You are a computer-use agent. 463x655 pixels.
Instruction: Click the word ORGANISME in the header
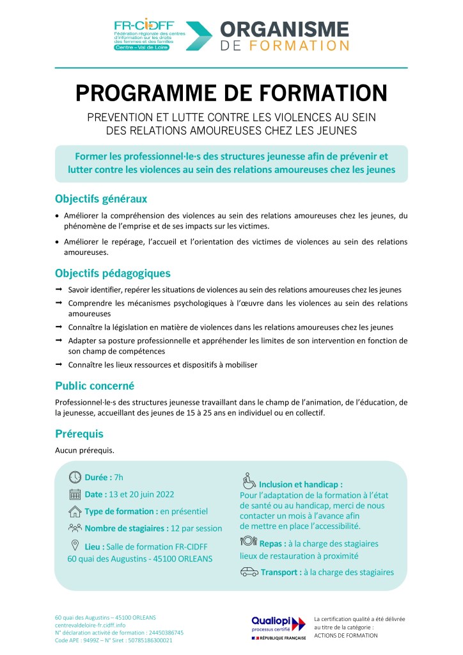pos(285,29)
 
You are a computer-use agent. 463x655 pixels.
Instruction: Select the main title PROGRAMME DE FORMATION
pos(231,93)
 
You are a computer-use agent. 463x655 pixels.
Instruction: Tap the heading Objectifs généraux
pos(101,198)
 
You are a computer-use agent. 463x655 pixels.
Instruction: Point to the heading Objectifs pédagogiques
pos(113,273)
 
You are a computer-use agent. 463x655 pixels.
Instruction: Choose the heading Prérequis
pos(79,433)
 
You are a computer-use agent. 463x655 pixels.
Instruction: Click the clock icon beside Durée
pos(75,477)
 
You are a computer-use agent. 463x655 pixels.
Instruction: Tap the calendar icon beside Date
pos(75,494)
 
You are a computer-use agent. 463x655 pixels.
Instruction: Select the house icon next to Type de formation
pos(75,512)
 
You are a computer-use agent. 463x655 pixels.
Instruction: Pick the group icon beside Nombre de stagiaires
pos(75,528)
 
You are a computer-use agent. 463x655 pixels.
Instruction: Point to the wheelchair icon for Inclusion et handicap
pos(249,481)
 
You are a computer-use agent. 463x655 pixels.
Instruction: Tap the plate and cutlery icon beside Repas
pos(248,542)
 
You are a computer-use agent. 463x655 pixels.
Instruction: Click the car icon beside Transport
pos(249,572)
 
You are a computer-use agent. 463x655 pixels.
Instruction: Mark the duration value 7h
pos(118,478)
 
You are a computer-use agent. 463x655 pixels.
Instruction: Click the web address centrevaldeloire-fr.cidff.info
pos(90,624)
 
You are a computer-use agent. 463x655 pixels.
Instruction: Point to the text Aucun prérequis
pos(85,450)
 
